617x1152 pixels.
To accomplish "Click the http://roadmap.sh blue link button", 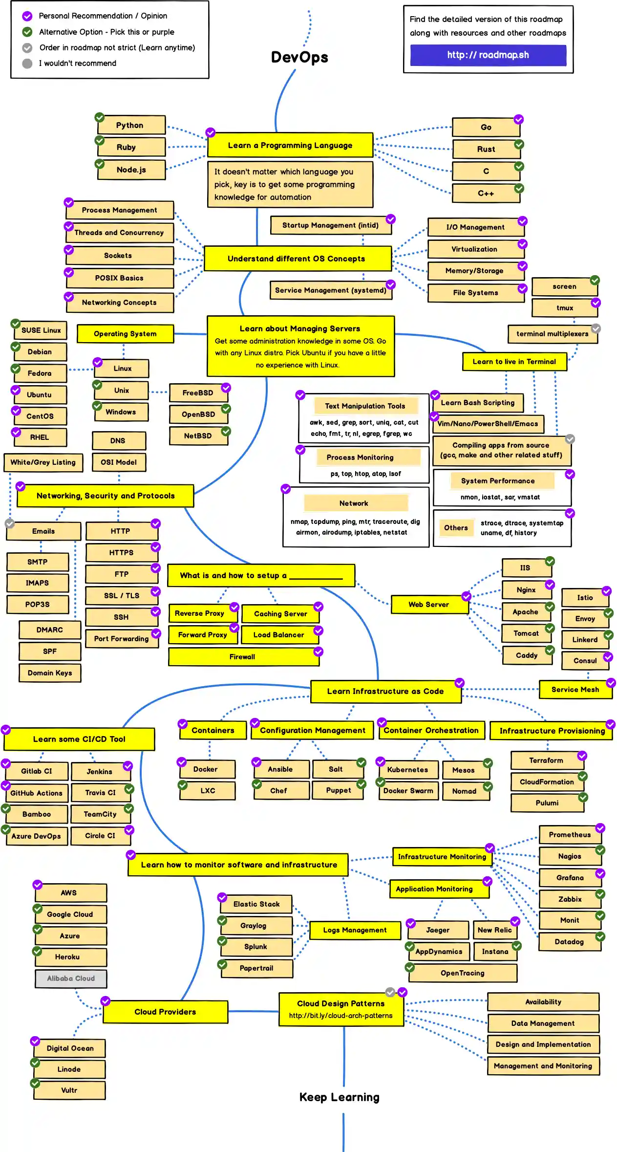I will pos(488,55).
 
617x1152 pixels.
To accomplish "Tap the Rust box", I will pos(486,149).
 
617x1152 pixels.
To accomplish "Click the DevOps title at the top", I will pos(299,57).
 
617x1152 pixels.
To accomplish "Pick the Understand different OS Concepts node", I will pos(297,259).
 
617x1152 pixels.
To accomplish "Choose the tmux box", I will pos(564,308).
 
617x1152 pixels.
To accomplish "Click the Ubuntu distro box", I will pos(40,395).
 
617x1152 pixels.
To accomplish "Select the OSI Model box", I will pos(119,462).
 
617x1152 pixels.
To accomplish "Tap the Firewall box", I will pos(243,657).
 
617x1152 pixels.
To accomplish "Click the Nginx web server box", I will pos(526,590).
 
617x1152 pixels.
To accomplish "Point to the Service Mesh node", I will pos(575,690).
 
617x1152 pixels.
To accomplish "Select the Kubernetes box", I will pos(407,770).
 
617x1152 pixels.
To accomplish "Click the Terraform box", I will pos(547,761).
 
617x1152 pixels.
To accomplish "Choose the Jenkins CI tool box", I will pos(100,772).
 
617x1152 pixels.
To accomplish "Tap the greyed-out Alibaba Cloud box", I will pos(71,978).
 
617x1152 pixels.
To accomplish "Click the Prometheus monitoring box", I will pos(570,835).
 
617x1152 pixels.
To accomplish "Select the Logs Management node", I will pos(355,930).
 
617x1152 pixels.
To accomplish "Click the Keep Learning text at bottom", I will pos(339,1097).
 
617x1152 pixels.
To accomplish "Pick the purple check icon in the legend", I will pos(27,16).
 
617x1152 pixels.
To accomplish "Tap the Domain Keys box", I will pos(50,673).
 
